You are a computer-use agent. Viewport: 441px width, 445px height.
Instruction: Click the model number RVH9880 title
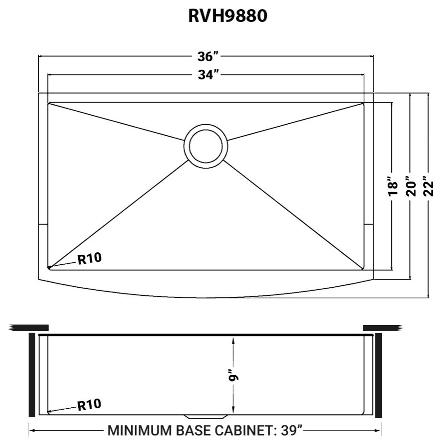(x=228, y=16)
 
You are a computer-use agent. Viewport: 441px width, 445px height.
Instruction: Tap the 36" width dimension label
(x=208, y=56)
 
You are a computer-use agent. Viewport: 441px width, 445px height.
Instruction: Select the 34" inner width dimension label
(x=208, y=75)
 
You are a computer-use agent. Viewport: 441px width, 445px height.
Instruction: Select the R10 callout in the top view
(x=89, y=259)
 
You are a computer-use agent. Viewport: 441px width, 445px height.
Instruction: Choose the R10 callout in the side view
(x=89, y=405)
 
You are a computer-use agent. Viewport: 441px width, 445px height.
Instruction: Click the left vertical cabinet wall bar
(x=32, y=375)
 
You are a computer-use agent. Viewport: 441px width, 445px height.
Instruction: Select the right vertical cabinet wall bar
(x=378, y=375)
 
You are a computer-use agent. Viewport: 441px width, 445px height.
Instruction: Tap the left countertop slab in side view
(x=29, y=327)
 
